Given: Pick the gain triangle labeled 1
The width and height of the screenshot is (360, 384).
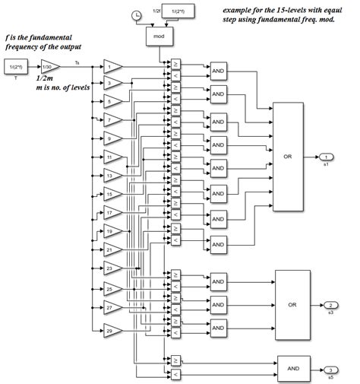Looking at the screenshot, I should click(x=111, y=65).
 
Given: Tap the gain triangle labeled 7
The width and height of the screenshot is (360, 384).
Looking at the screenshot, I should click(x=111, y=119).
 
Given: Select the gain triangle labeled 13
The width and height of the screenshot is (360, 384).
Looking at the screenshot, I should click(x=111, y=175).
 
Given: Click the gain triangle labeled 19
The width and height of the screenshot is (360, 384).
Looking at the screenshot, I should click(x=111, y=230).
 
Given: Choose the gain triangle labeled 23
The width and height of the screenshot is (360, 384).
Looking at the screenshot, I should click(x=111, y=268).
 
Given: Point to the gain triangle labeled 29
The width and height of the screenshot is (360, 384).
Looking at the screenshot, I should click(x=111, y=328).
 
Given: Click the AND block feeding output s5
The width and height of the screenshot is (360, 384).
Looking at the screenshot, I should click(x=293, y=367).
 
